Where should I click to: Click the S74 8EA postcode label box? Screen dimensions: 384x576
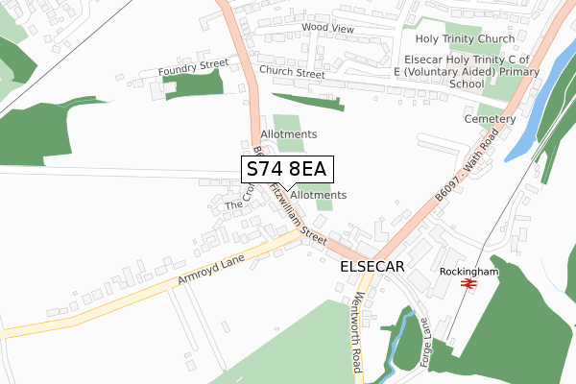287,169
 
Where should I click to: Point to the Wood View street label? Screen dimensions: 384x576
327,29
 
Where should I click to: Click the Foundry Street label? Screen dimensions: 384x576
195,68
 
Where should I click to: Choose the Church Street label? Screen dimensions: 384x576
292,72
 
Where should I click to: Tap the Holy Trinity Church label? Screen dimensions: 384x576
465,39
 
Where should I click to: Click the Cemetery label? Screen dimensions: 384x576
491,119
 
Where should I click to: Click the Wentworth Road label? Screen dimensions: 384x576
358,320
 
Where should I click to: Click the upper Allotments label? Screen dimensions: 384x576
289,134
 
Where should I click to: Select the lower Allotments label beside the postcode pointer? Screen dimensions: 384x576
318,195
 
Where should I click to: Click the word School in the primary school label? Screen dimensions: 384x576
465,84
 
